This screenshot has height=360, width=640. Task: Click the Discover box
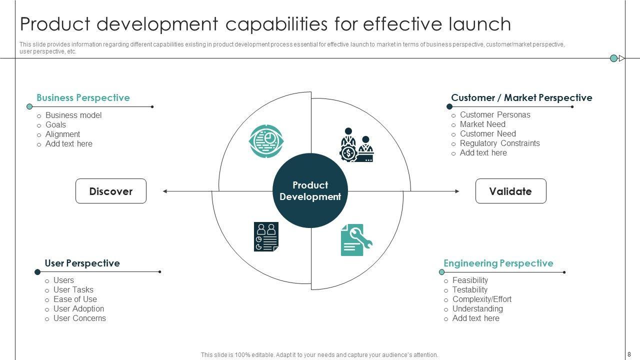(111, 191)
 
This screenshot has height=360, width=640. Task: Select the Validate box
(510, 191)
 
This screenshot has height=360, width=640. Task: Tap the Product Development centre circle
(310, 191)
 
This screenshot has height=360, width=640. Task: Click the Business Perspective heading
(83, 98)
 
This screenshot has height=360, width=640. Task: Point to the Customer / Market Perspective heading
(521, 98)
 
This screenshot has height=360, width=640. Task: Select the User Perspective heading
(82, 263)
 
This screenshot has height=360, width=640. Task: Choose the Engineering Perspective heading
(498, 263)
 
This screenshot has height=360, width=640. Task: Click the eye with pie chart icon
(266, 141)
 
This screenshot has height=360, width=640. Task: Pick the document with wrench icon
(356, 239)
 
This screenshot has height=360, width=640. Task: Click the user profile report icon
(266, 236)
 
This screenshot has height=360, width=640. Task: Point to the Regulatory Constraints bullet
(499, 143)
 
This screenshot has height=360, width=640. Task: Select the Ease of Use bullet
(75, 299)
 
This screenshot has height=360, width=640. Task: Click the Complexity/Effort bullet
(481, 299)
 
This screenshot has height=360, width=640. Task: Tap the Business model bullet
(73, 115)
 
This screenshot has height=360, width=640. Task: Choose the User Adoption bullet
(78, 309)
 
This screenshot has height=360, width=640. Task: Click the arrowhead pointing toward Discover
(165, 191)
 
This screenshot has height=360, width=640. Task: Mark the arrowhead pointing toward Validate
(457, 191)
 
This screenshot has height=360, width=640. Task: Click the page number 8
(629, 354)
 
